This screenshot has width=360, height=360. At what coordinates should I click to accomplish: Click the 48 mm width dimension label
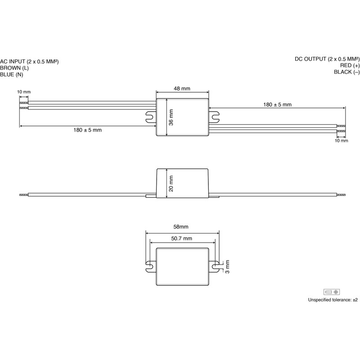(182, 88)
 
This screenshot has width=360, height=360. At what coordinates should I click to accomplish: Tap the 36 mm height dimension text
(171, 117)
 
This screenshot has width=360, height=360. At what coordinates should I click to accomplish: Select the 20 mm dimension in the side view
(171, 184)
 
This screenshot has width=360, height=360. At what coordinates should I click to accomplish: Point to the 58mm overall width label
(181, 227)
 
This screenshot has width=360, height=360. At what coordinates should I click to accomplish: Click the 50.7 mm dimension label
(182, 238)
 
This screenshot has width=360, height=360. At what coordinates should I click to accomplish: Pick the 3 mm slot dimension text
(227, 266)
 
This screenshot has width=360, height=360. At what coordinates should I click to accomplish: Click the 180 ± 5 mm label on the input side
(87, 130)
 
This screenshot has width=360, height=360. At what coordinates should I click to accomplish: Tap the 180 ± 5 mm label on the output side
(277, 105)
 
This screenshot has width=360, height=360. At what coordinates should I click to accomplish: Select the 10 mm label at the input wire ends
(24, 92)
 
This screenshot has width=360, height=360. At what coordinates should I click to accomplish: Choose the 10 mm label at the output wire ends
(342, 140)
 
